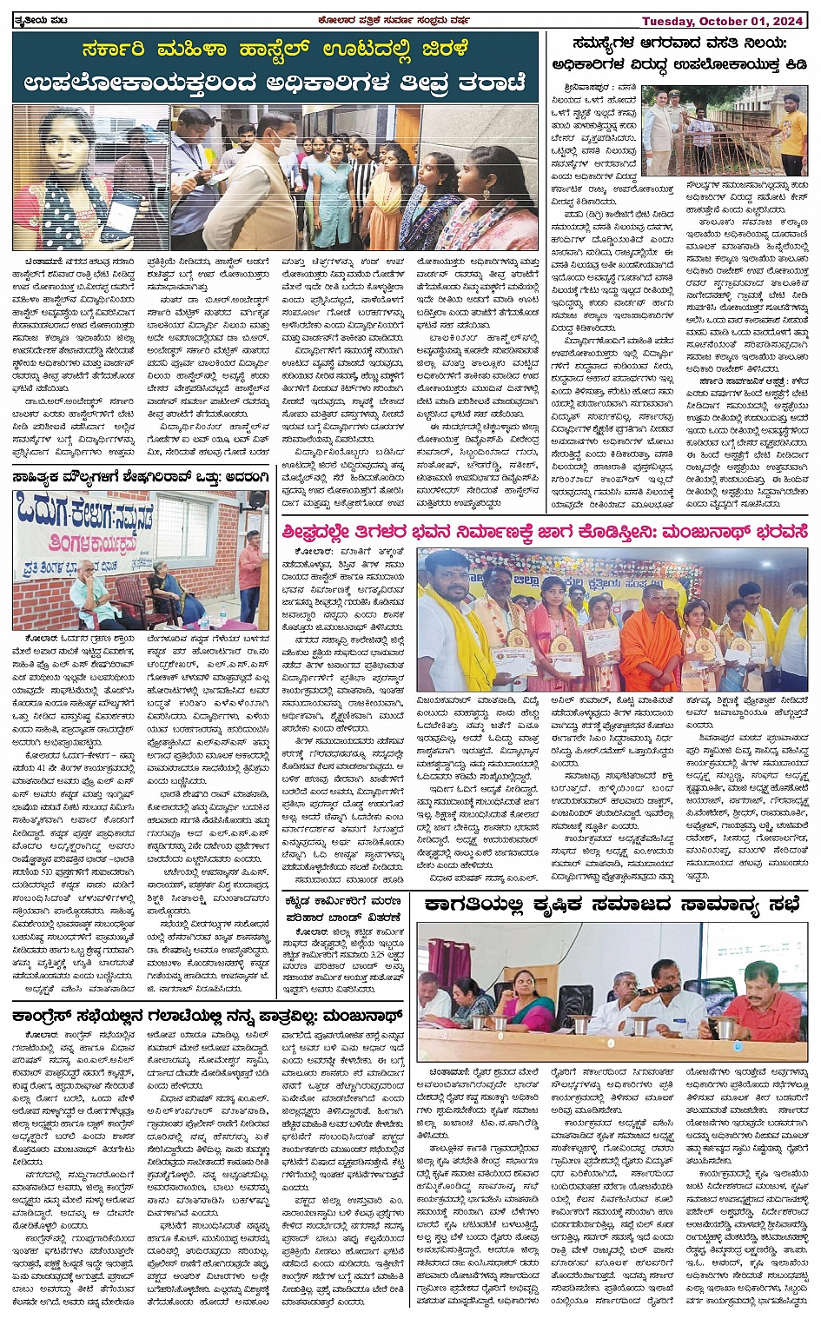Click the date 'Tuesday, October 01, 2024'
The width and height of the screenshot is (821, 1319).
tap(723, 21)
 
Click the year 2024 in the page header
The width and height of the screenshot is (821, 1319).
tap(789, 21)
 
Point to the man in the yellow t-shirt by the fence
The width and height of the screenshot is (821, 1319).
tap(791, 130)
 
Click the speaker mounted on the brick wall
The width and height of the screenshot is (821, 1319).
tap(256, 500)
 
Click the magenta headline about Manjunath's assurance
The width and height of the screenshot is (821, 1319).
tap(544, 531)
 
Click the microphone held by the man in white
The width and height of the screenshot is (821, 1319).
tap(665, 989)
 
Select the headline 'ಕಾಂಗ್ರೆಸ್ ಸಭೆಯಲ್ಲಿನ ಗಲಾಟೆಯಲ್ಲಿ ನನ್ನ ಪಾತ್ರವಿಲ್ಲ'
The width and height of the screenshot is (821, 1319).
tap(209, 1014)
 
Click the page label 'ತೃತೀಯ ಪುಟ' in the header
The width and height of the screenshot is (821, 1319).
tap(42, 20)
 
